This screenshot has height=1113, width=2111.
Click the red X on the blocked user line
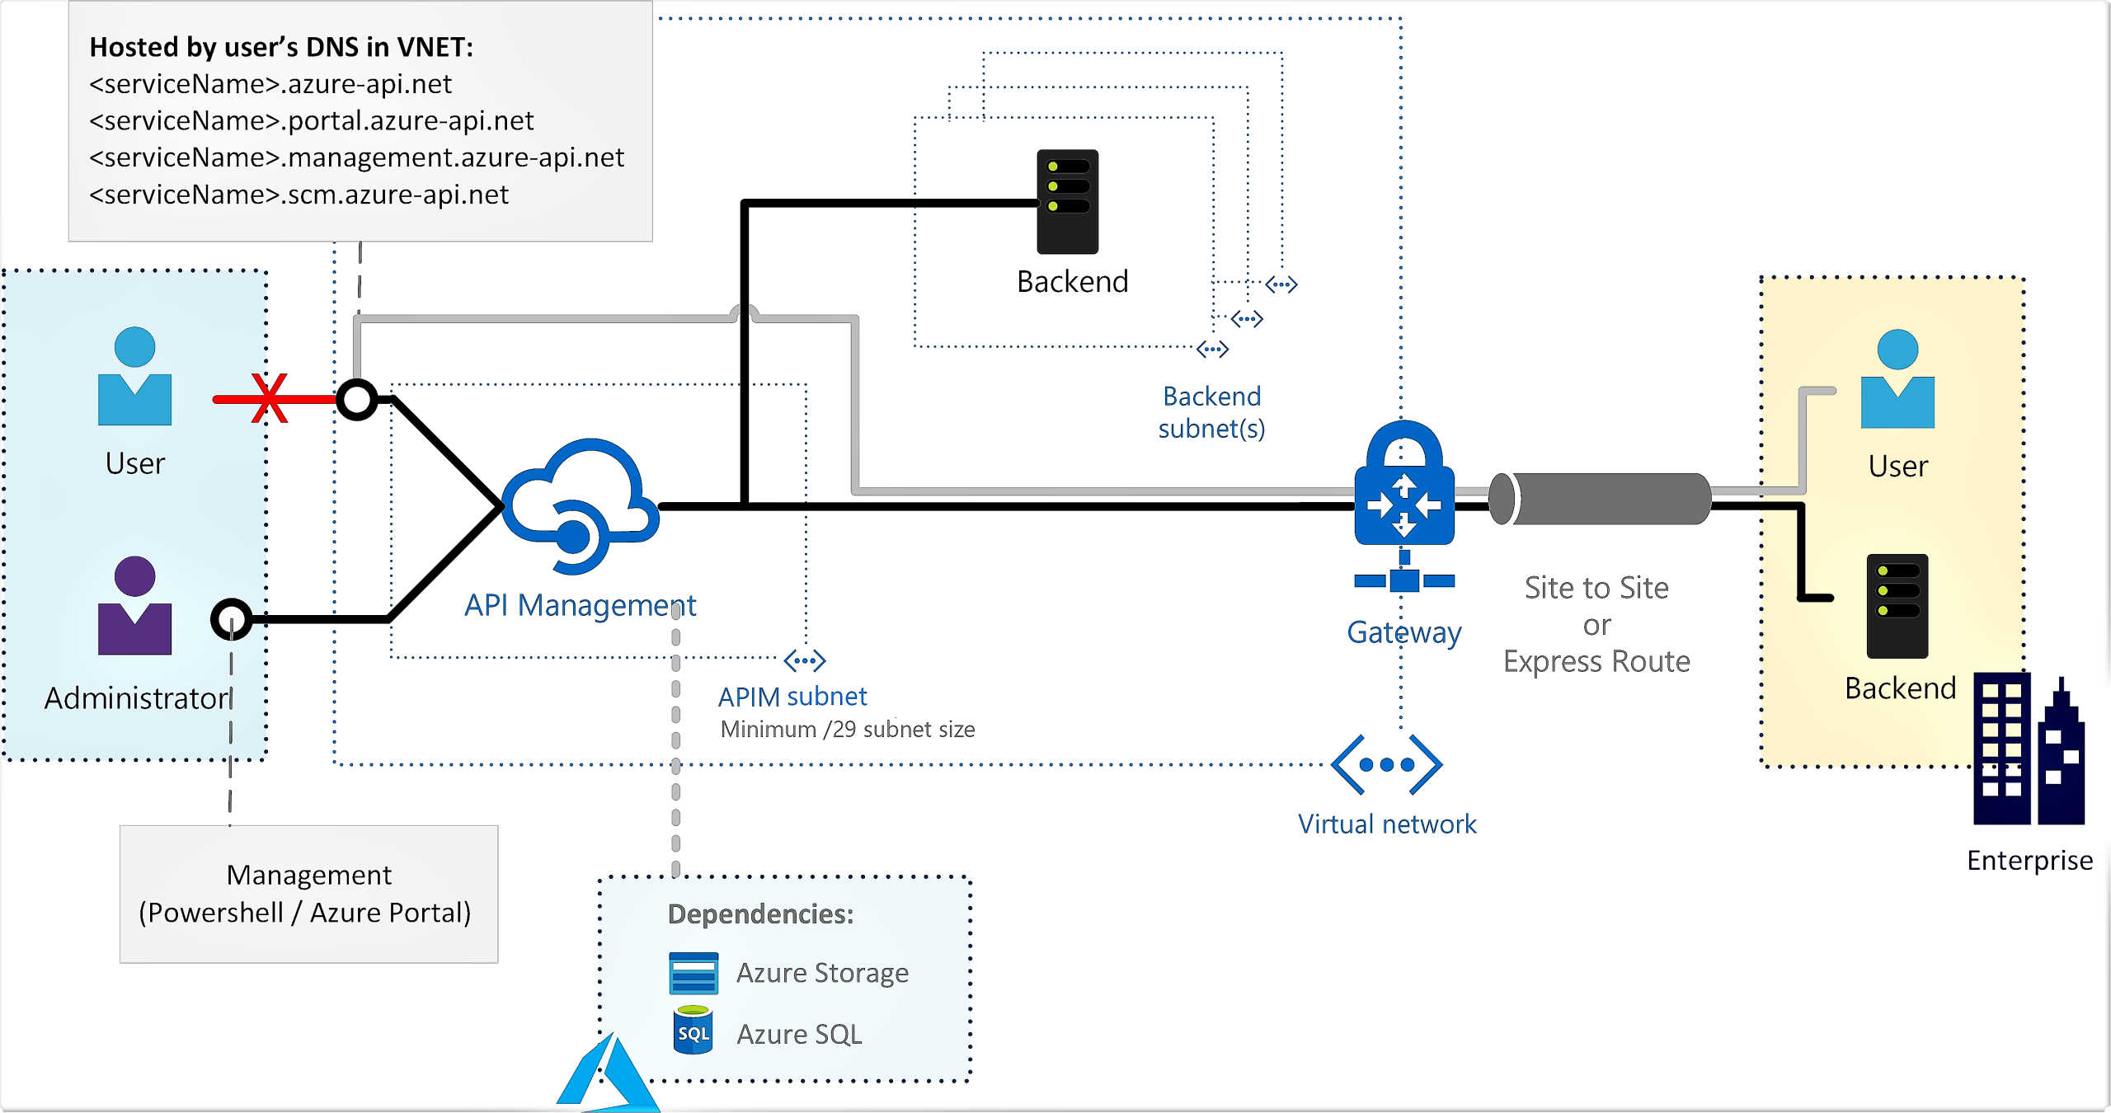(x=269, y=398)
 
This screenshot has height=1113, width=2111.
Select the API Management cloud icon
(x=580, y=504)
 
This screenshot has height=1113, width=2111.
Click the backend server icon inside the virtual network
(x=1067, y=201)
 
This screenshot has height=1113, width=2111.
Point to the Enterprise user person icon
(x=1897, y=379)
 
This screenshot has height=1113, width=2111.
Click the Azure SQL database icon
(x=693, y=1030)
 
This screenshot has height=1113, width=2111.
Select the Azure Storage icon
(x=693, y=973)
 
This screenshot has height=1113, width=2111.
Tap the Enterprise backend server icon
(x=1897, y=606)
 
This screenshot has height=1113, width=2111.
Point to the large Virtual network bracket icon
(x=1386, y=764)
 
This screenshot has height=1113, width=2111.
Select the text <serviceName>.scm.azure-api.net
(x=299, y=195)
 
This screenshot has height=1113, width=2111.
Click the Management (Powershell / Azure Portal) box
(x=308, y=894)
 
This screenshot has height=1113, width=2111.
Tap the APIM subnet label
(x=792, y=697)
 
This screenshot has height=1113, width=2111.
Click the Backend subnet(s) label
(x=1211, y=412)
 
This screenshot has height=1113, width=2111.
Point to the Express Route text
(x=1596, y=661)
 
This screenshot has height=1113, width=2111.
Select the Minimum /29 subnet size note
(x=847, y=730)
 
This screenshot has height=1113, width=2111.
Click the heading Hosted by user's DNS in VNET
(x=281, y=47)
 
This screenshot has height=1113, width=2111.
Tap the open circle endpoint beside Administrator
(x=231, y=619)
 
